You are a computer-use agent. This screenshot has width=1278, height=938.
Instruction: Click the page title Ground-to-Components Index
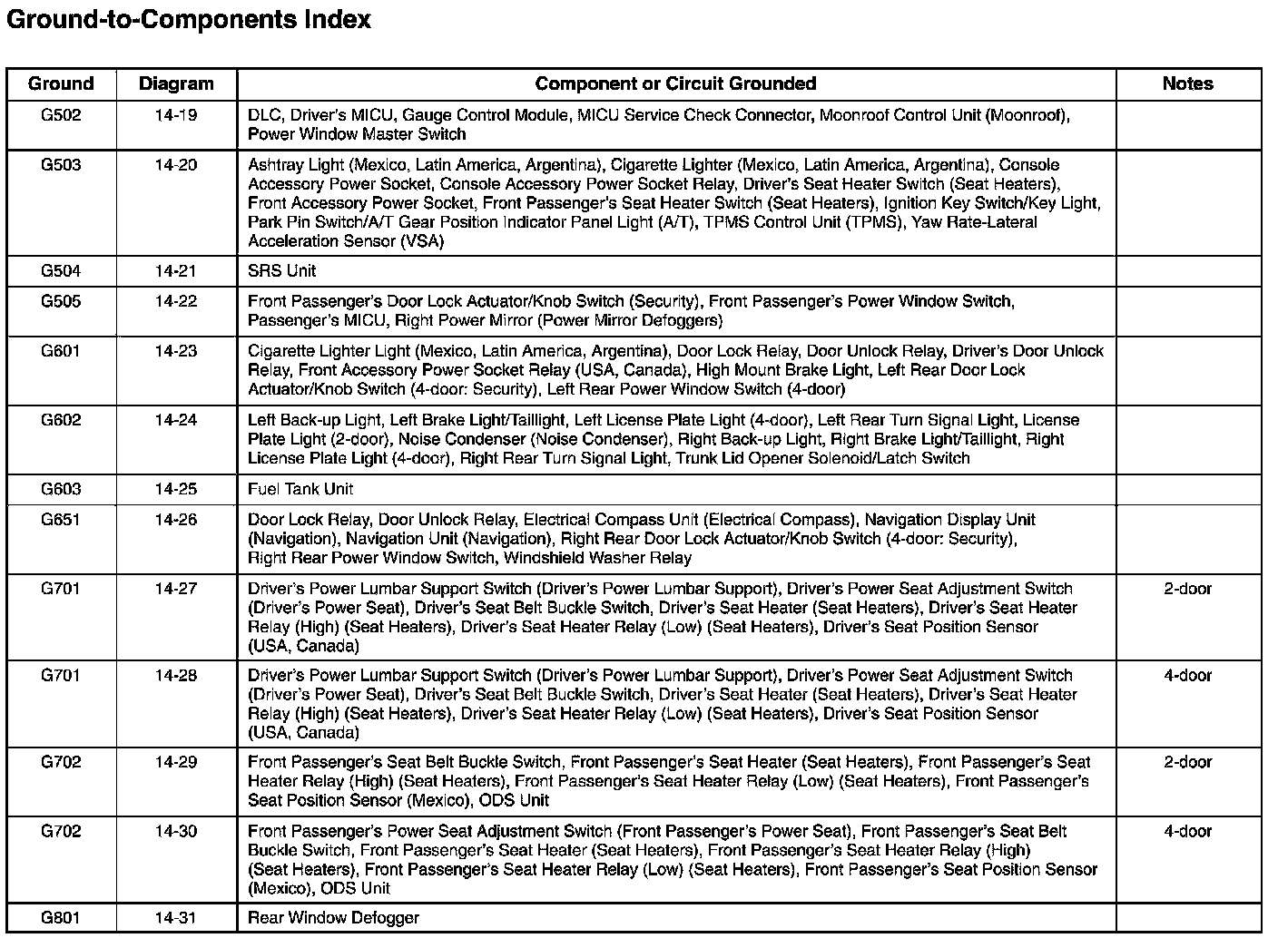(189, 20)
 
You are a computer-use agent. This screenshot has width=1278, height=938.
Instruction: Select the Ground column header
(61, 84)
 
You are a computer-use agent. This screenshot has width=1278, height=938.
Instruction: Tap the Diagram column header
(176, 84)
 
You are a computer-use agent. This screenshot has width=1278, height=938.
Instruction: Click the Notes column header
(1187, 84)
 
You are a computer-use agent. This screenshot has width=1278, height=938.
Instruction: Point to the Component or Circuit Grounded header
(675, 84)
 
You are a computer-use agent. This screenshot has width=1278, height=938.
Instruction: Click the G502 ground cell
(61, 115)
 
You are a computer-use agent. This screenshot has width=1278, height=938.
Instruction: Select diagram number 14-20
(176, 165)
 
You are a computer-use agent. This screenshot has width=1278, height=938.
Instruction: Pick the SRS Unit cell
(282, 271)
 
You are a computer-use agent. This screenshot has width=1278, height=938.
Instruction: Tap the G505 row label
(61, 302)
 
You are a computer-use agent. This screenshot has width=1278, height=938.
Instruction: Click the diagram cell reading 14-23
(176, 351)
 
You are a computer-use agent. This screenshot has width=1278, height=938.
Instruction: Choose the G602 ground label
(61, 420)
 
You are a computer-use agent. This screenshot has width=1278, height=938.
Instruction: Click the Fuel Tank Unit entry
(300, 489)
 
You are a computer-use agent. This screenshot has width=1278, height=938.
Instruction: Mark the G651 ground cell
(61, 520)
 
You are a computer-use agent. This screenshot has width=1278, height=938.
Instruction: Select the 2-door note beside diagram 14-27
(1187, 589)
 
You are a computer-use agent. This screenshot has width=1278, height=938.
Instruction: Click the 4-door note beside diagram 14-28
(1187, 676)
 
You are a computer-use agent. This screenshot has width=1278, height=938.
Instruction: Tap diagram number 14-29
(176, 762)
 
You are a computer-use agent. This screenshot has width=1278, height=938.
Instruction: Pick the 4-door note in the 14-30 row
(1187, 831)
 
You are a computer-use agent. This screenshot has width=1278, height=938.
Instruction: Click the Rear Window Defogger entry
(333, 918)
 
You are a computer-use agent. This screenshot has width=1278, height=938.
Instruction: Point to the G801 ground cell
(61, 918)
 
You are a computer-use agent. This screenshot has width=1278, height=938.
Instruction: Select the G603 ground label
(61, 489)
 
